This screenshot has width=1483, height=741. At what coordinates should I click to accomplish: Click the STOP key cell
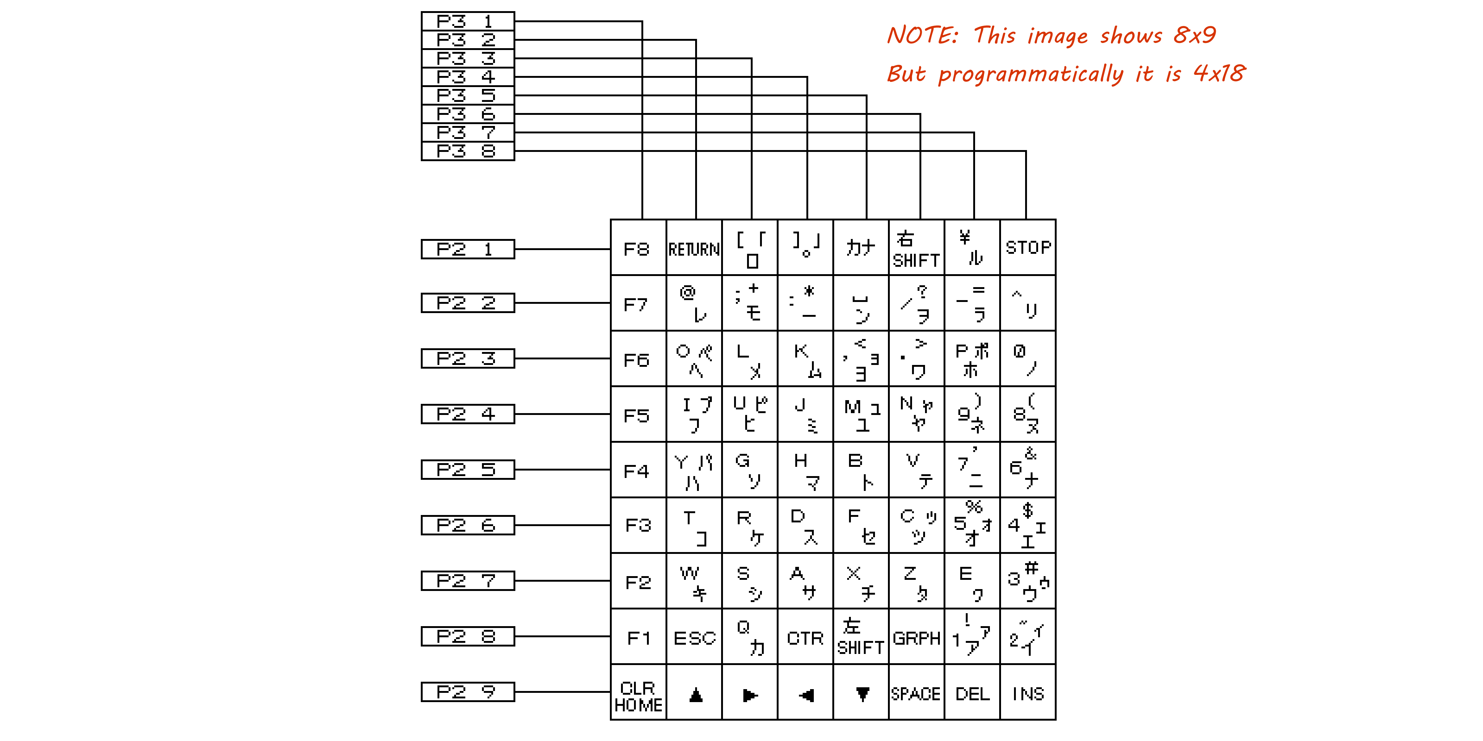pos(1028,247)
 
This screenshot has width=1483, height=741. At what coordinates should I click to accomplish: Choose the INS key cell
pos(1028,693)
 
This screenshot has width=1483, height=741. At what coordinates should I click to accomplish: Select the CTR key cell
pos(805,637)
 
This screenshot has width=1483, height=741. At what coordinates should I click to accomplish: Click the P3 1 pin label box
pos(468,21)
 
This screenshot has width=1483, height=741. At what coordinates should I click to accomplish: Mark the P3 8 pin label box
pos(468,151)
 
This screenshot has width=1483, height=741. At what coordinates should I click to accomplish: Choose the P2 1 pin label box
pos(468,249)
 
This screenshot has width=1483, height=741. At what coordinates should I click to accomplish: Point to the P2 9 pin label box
pos(468,691)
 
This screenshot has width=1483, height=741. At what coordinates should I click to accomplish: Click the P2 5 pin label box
pos(468,469)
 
